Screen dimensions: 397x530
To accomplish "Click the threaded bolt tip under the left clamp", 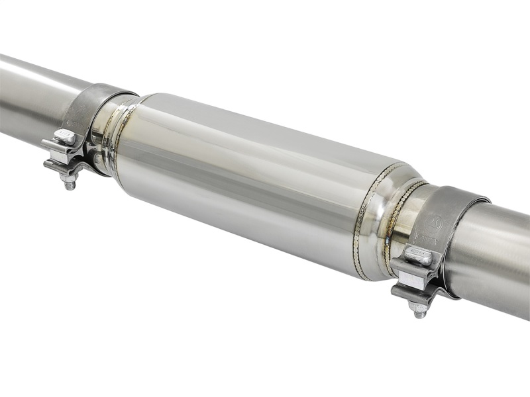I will pyautogui.click(x=68, y=182).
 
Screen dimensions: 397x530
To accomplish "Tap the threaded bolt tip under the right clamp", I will pyautogui.click(x=419, y=310).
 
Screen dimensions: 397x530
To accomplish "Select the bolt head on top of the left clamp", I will pyautogui.click(x=64, y=137).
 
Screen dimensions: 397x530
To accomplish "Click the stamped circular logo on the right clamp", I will pyautogui.click(x=435, y=221).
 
